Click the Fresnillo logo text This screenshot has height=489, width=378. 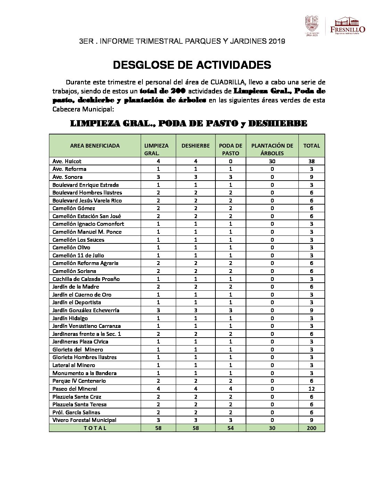347,29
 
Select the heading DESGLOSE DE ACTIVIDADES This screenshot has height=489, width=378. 192,65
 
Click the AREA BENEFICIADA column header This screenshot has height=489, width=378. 95,146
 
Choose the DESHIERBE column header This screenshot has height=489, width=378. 196,146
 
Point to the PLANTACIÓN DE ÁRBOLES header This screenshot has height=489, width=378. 272,149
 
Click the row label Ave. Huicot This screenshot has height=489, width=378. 67,161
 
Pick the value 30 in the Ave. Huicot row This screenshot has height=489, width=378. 272,161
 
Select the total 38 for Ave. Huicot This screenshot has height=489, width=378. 311,161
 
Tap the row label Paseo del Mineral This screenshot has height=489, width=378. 75,389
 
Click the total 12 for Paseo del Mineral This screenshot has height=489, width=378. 311,389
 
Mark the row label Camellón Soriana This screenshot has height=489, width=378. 74,271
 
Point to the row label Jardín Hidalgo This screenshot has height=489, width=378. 70,318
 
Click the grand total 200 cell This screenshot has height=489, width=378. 311,428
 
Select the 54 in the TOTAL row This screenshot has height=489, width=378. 230,428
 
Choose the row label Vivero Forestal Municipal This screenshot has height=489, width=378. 84,420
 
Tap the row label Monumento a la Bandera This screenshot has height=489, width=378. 84,373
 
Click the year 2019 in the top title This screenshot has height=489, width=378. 277,41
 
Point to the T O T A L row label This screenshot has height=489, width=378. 95,428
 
